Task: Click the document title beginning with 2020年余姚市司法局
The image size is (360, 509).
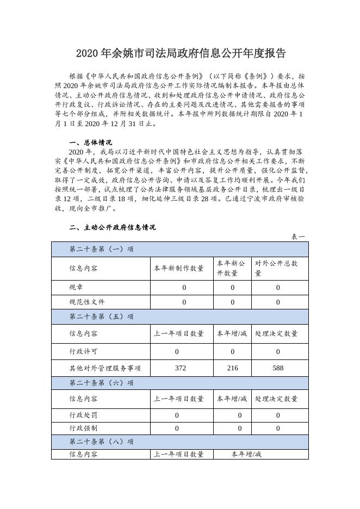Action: coord(180,53)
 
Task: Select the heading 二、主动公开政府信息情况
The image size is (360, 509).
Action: coord(113,227)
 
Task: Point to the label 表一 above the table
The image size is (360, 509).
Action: coord(299,237)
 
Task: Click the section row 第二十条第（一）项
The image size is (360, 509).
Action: coord(102,249)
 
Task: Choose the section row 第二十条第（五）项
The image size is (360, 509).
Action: coord(102,316)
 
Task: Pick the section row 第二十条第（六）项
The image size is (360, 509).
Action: coord(102,383)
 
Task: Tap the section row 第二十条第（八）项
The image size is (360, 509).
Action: coord(102,442)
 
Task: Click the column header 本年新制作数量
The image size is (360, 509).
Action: coord(179,268)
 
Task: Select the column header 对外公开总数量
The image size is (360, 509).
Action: coord(277,268)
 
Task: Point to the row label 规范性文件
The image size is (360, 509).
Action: coord(87,302)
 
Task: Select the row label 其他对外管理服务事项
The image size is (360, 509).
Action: coord(105,368)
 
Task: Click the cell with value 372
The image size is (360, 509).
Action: coord(181,368)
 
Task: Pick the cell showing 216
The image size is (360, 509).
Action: coord(233,368)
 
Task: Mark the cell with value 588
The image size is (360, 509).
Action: coord(278,368)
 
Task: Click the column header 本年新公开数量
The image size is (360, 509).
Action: coord(231,268)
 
